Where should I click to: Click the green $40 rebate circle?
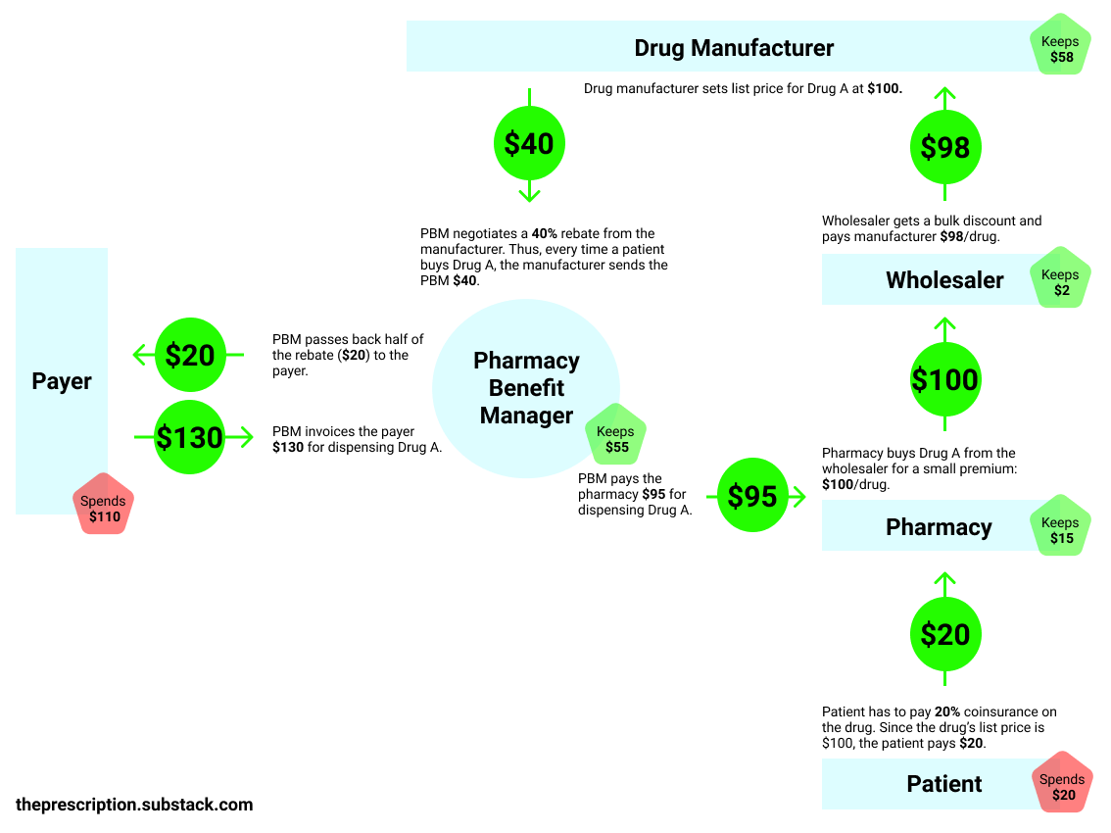[x=529, y=144]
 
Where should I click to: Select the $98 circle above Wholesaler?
[x=945, y=147]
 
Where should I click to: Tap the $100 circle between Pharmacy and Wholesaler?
[x=945, y=379]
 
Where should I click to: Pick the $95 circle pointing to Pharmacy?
[x=753, y=497]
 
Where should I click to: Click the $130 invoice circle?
[x=190, y=437]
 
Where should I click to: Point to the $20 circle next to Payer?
[x=190, y=355]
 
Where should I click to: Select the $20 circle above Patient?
[x=945, y=634]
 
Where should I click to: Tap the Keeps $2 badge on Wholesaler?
[x=1061, y=282]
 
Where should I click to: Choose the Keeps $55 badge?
[x=616, y=439]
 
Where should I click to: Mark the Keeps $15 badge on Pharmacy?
[x=1061, y=530]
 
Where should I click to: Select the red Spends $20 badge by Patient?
[x=1063, y=786]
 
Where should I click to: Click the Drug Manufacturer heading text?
[x=734, y=48]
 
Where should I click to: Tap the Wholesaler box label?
[x=944, y=280]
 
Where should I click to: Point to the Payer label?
[x=62, y=381]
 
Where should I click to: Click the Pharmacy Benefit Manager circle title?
[x=526, y=388]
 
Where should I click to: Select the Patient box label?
[x=944, y=784]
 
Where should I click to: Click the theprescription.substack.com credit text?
[x=134, y=805]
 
